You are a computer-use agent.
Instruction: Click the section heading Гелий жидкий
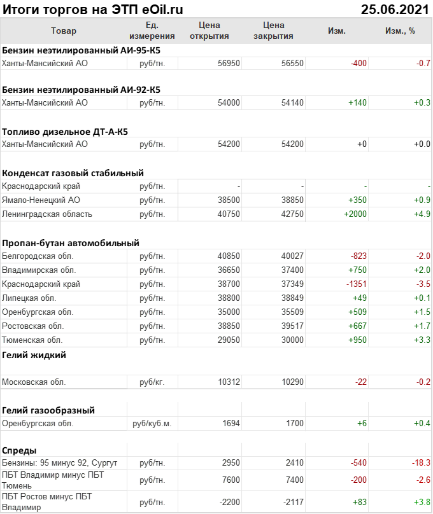(x=34, y=355)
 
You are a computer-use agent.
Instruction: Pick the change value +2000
(x=355, y=214)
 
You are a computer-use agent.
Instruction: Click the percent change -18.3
(x=420, y=462)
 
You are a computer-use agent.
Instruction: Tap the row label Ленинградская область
(x=47, y=214)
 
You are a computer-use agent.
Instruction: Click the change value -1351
(x=356, y=284)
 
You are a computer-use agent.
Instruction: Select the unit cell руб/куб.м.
(x=152, y=424)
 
